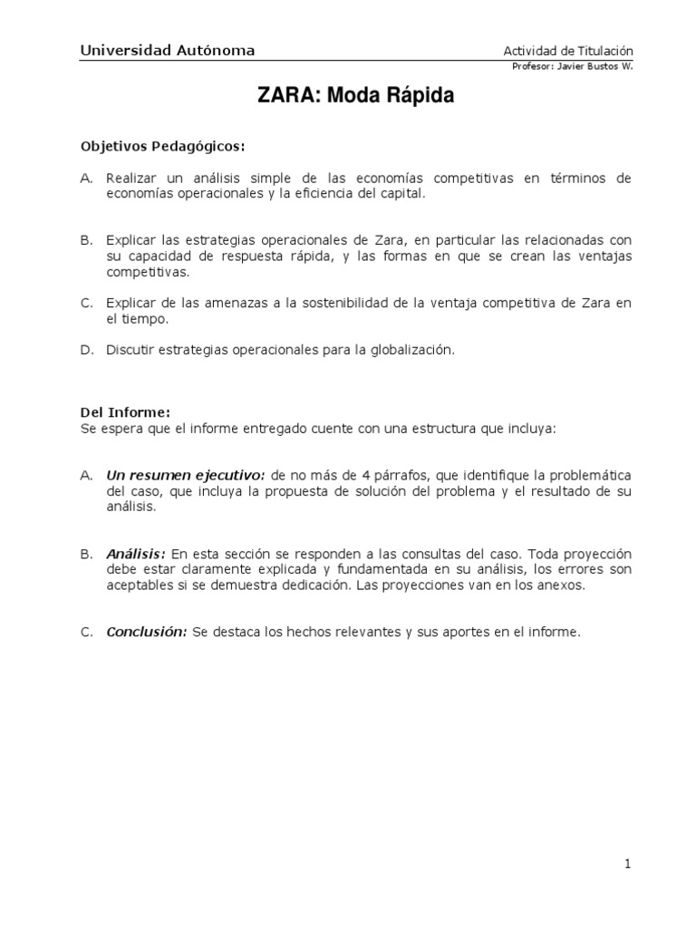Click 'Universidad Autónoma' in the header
168,52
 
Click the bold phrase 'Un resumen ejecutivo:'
185,476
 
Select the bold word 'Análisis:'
136,554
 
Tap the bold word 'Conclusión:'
147,633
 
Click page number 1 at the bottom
627,865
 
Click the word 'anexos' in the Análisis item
562,585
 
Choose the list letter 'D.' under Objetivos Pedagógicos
87,351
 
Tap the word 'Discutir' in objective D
132,351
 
